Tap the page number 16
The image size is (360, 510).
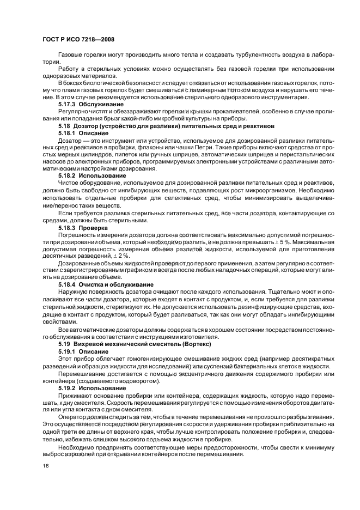[45, 466]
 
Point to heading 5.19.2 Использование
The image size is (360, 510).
[92, 387]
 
